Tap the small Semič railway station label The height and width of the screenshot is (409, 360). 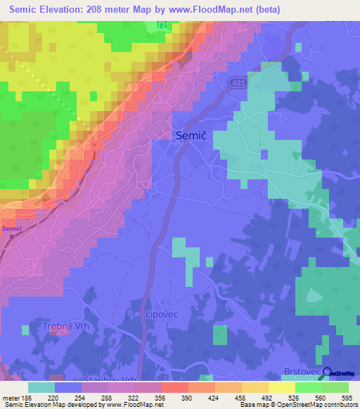(12, 228)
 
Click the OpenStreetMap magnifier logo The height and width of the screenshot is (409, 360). (326, 374)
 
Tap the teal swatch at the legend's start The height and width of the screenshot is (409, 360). (41, 387)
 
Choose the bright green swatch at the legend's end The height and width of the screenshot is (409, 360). (335, 387)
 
